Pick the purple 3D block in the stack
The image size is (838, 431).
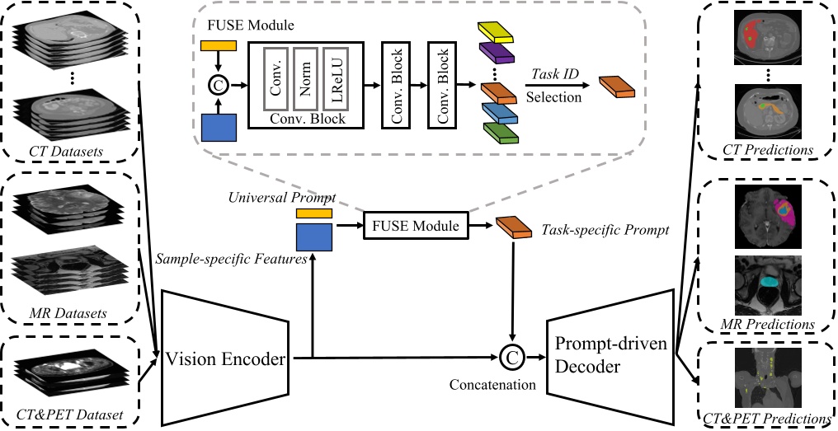pos(498,53)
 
